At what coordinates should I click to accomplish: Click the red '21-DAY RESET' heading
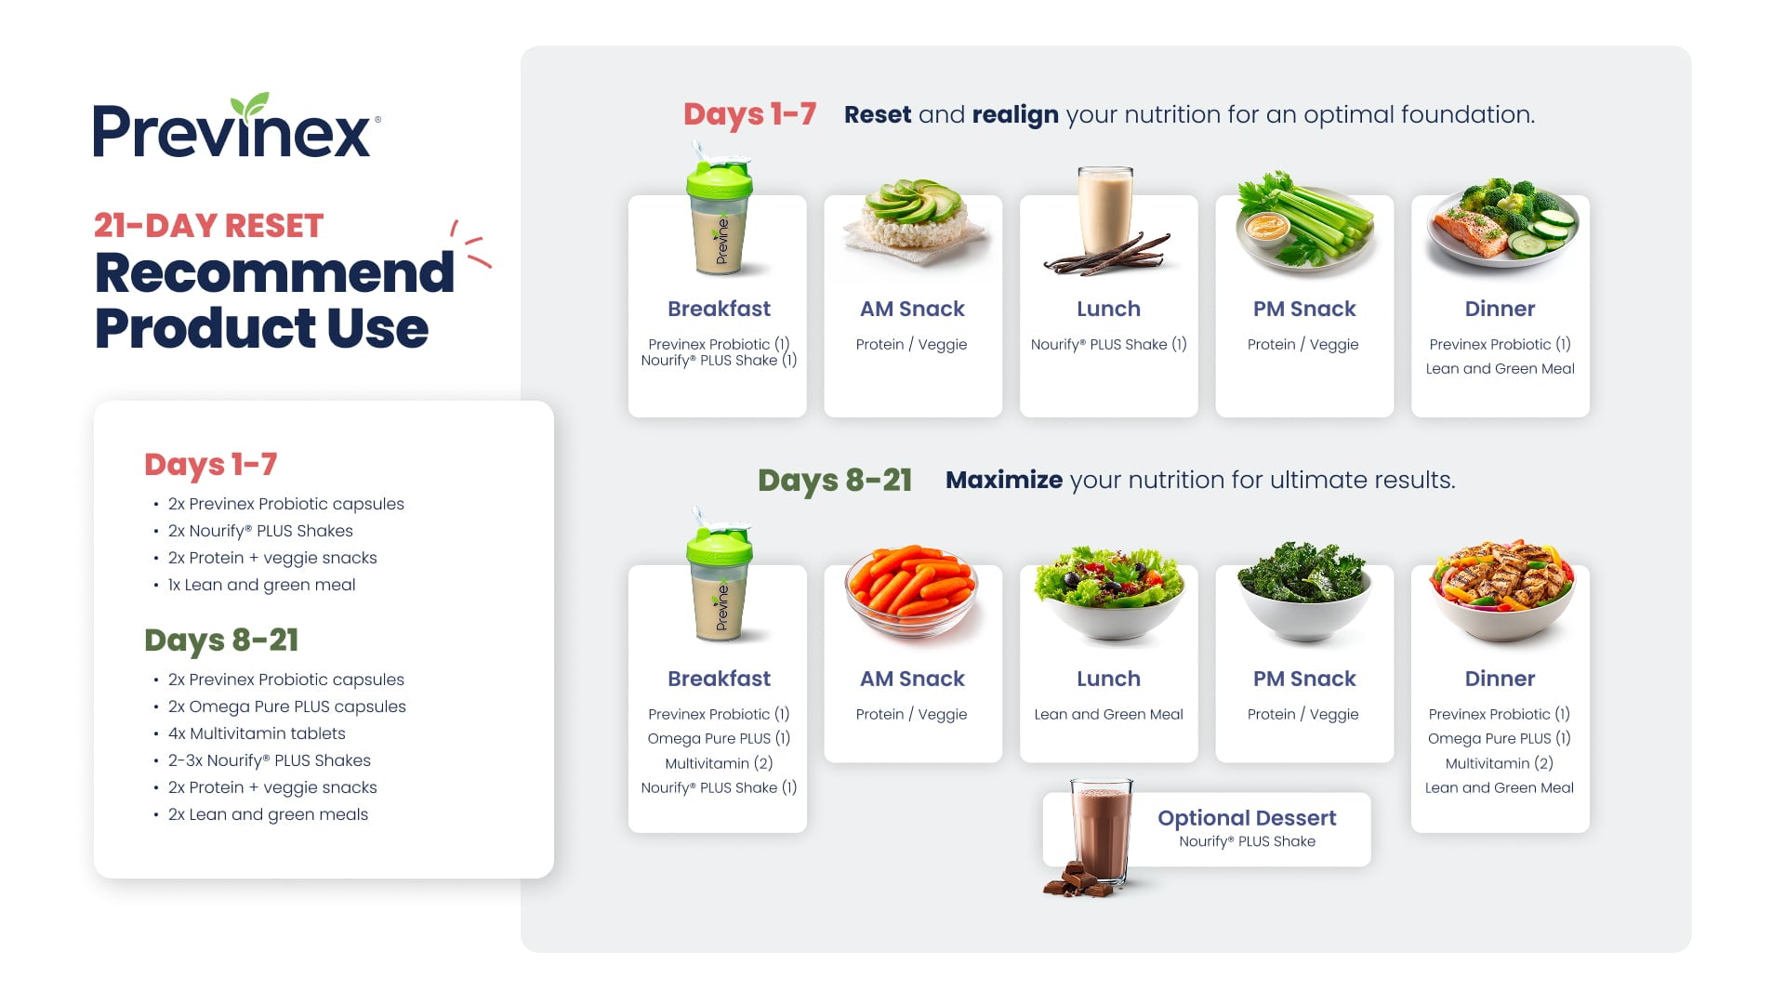(x=208, y=226)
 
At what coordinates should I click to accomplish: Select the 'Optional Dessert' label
(x=1247, y=818)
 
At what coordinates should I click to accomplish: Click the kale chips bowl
(x=1303, y=591)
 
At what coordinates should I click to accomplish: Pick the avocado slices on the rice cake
(x=913, y=201)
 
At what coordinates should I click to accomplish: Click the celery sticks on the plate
(x=1320, y=223)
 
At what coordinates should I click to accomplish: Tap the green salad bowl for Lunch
(x=1110, y=591)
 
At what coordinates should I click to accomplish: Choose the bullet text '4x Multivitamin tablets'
(x=257, y=733)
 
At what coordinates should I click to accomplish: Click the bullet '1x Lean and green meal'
(x=261, y=585)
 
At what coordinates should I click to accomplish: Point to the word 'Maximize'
(x=1004, y=480)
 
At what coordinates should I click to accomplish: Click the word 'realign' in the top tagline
(x=1015, y=115)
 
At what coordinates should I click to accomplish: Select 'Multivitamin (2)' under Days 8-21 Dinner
(x=1500, y=763)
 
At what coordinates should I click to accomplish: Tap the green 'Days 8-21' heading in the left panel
(x=221, y=641)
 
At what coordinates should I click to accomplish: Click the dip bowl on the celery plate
(x=1266, y=226)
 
